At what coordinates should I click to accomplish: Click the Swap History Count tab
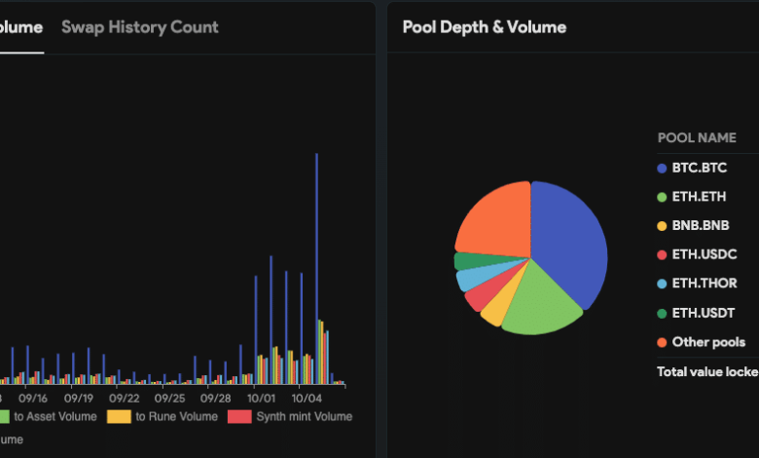[139, 27]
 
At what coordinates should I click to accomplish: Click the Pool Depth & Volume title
[484, 27]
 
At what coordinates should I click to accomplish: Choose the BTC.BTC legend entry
[699, 168]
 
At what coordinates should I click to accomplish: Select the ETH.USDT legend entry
[703, 313]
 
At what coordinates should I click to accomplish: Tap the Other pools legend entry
[708, 342]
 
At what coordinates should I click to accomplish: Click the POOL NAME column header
[696, 137]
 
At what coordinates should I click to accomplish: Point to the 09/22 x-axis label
[125, 398]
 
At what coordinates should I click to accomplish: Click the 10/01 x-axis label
[261, 398]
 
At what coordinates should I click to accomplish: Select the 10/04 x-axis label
[307, 398]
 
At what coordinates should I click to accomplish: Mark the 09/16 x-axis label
[33, 398]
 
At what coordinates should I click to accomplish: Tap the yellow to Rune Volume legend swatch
[119, 417]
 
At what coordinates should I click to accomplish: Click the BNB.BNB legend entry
[701, 225]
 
